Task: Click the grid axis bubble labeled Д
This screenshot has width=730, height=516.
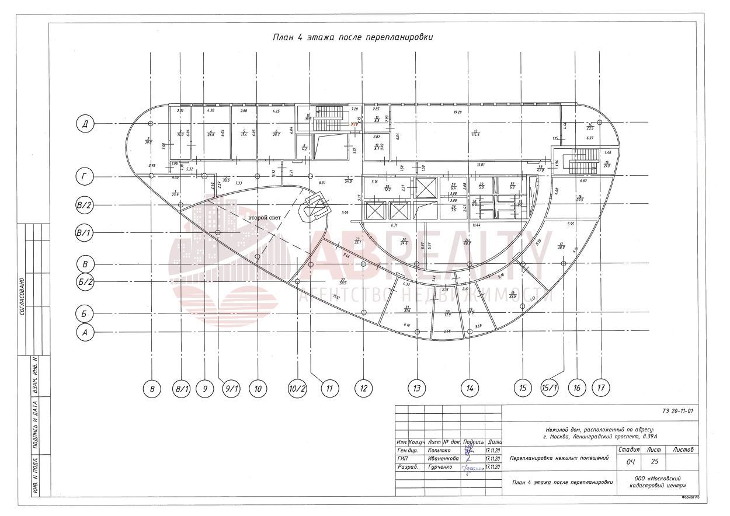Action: click(85, 124)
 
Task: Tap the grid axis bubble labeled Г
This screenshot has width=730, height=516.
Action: click(85, 176)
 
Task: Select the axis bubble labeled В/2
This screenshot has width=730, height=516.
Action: click(85, 205)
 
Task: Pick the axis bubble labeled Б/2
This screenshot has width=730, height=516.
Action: click(85, 282)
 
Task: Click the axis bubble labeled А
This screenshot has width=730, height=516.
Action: click(85, 332)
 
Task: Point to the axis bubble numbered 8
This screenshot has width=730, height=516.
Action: click(152, 388)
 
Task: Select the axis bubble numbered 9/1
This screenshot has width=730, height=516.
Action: click(232, 388)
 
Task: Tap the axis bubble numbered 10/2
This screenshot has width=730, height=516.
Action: click(297, 388)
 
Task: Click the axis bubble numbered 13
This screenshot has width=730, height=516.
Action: click(416, 388)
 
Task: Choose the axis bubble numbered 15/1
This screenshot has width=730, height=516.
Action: click(550, 388)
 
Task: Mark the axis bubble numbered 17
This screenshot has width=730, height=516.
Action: click(600, 388)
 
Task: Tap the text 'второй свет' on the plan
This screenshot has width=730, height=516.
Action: click(265, 218)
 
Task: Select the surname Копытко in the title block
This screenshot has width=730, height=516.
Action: click(440, 451)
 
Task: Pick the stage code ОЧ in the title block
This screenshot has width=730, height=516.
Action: click(630, 462)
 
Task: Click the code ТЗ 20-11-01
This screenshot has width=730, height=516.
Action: click(677, 411)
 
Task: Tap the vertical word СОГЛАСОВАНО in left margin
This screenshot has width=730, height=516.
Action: click(22, 305)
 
